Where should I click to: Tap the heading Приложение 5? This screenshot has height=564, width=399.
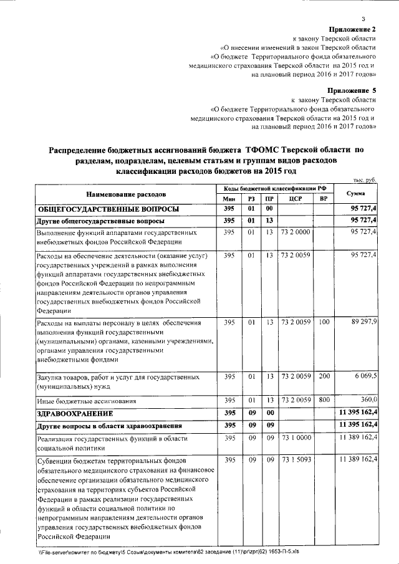(352, 90)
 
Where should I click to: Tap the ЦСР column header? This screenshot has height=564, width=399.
(296, 198)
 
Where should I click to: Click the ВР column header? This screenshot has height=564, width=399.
(323, 198)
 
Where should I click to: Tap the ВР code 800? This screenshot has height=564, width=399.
(323, 400)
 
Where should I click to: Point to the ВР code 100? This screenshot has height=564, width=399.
(323, 322)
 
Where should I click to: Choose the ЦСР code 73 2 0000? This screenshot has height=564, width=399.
(296, 232)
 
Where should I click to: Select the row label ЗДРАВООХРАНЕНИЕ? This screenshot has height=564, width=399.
(74, 413)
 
